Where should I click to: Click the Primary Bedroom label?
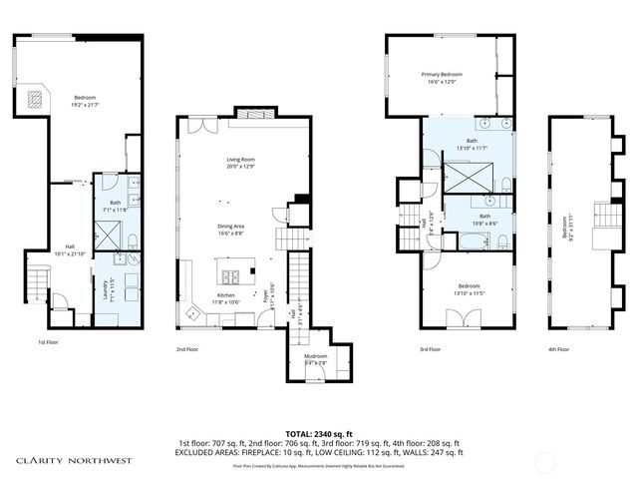pos(443,74)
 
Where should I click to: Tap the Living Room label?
pos(240,159)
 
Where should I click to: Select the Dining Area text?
pos(232,226)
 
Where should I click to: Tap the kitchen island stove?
pos(230,277)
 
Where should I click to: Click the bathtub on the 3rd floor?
pos(470,240)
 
